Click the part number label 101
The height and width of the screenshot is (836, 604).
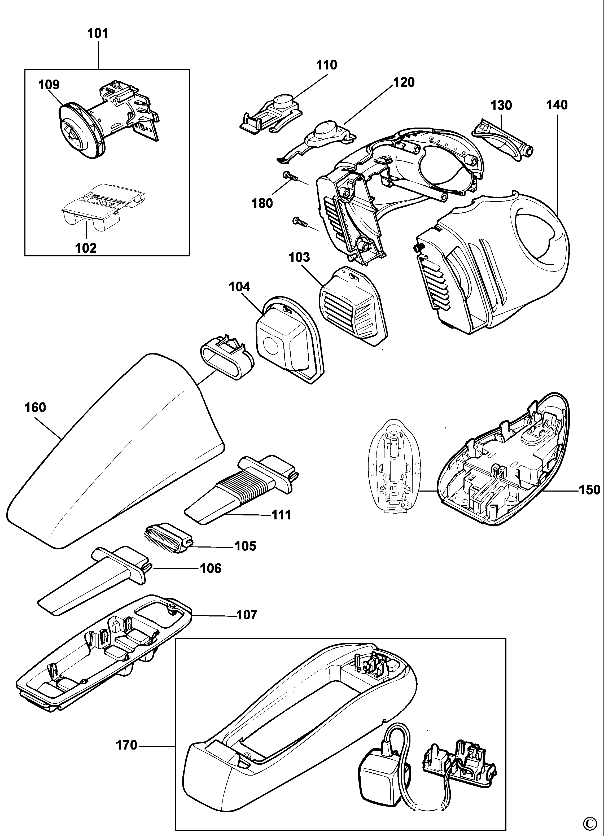(98, 34)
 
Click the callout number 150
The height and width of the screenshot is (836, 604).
(590, 490)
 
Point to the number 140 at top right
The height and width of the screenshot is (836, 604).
(557, 105)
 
